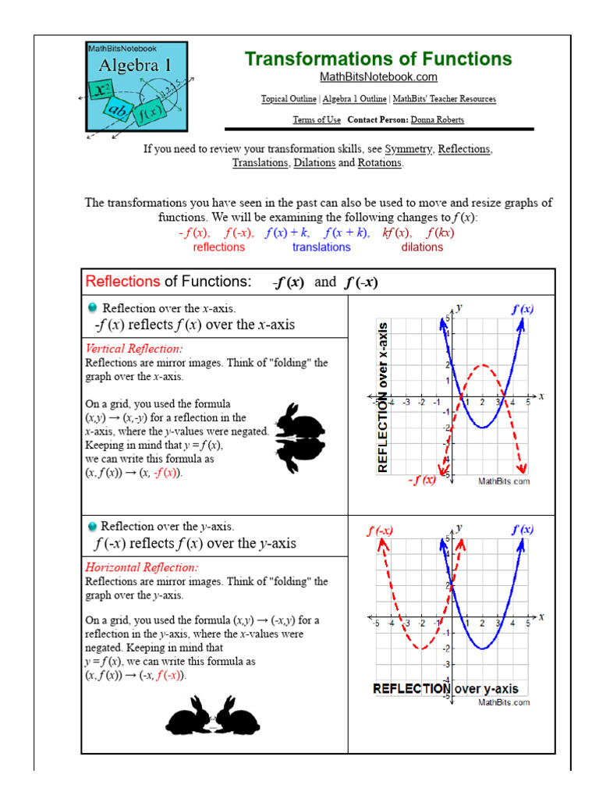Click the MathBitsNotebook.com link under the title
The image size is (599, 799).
[x=378, y=76]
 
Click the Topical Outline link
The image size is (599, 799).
[x=289, y=99]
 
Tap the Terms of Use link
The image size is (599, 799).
[x=316, y=119]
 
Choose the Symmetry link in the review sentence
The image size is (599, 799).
[x=409, y=148]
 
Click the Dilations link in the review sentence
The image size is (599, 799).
[x=314, y=163]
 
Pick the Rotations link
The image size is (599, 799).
[x=379, y=163]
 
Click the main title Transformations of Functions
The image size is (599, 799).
[x=378, y=59]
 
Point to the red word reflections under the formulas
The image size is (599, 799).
[x=218, y=247]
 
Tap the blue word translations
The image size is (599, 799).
[x=321, y=247]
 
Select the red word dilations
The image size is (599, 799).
[x=422, y=247]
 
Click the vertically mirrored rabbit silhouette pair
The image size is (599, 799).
[x=298, y=439]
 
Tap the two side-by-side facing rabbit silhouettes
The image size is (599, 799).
[x=202, y=716]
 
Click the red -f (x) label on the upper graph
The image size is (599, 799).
[x=422, y=481]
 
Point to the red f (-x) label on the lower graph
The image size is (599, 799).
[x=380, y=530]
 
